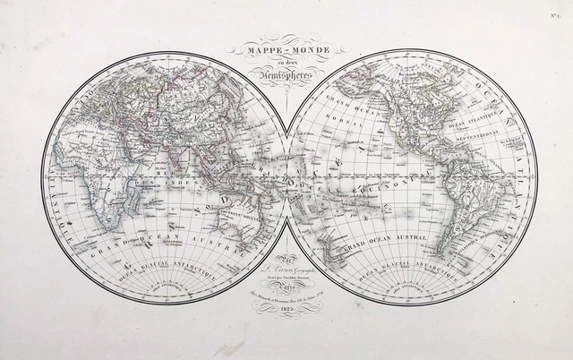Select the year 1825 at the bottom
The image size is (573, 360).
(286, 308)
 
